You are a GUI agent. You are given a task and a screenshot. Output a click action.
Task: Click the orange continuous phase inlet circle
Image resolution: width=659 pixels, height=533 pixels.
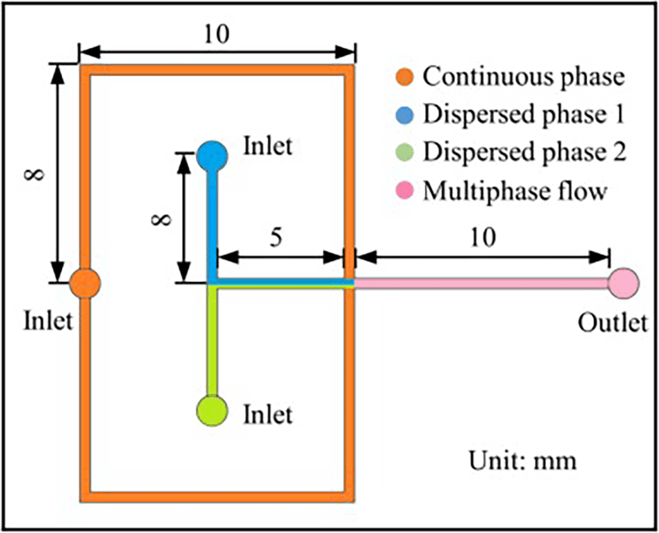[x=85, y=283]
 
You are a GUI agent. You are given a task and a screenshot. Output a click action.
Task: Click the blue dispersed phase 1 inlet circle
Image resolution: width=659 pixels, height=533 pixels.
[x=213, y=155]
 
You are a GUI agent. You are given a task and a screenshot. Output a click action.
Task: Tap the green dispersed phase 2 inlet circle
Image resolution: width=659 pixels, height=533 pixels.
[x=212, y=409]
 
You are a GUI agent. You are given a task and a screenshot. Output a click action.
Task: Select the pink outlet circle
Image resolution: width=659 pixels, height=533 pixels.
[x=624, y=283]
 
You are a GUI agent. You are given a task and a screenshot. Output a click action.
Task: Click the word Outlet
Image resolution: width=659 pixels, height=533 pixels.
[x=613, y=322]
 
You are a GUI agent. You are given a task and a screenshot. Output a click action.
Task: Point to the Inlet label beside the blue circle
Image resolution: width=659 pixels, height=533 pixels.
[x=268, y=146]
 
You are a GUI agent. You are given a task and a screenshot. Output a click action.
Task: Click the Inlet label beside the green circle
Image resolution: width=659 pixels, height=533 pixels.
[x=268, y=414]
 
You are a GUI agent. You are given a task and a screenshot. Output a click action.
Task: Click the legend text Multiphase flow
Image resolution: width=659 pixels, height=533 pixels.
[x=515, y=190]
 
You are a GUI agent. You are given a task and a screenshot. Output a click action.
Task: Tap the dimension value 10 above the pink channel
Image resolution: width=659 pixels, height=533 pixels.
[x=482, y=239]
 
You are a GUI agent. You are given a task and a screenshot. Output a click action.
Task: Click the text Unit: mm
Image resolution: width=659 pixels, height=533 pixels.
[x=522, y=459]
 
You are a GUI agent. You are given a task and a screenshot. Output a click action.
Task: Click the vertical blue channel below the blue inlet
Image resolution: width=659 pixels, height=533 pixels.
[x=213, y=221]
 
